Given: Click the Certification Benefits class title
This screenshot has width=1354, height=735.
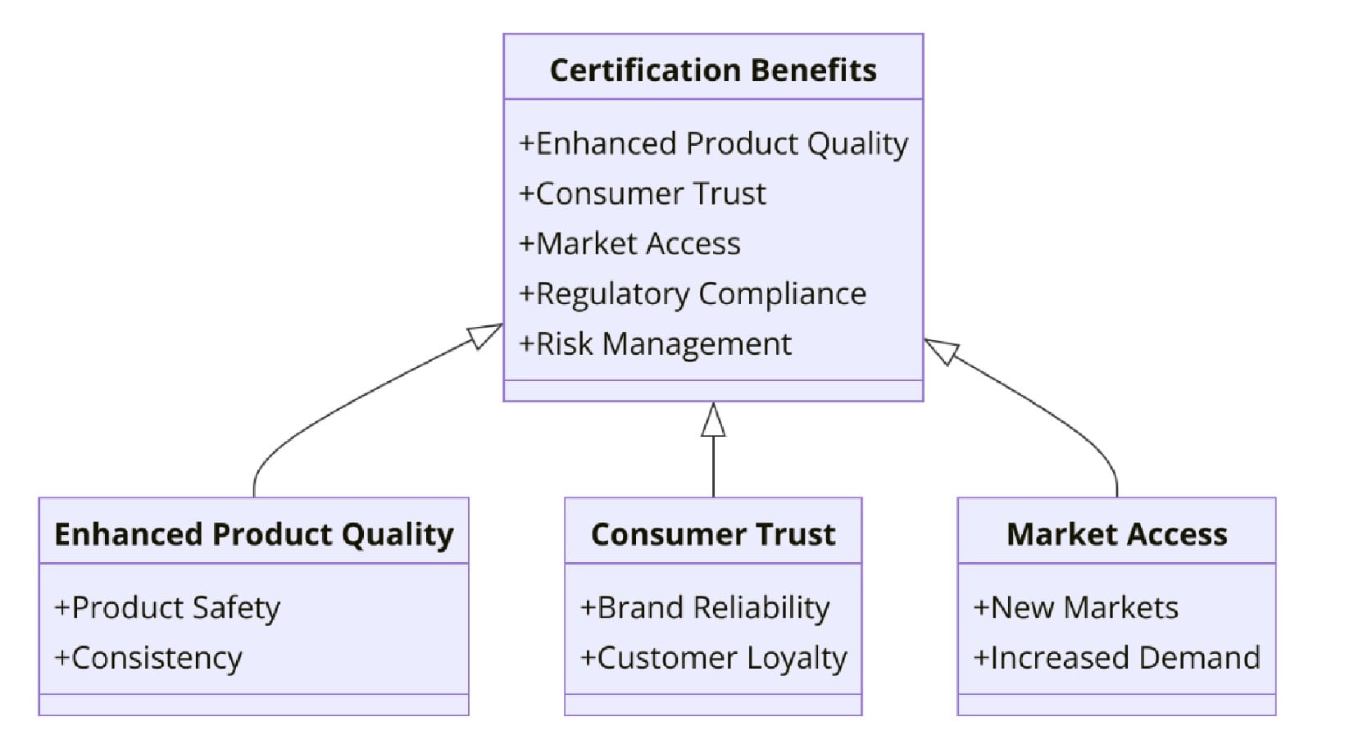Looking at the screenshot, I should click(x=712, y=70).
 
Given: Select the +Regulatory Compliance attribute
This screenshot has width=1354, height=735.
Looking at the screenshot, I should click(x=693, y=293).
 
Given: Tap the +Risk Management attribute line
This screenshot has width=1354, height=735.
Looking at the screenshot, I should click(x=655, y=343).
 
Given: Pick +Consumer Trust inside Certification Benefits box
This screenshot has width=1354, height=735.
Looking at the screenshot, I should click(x=642, y=193).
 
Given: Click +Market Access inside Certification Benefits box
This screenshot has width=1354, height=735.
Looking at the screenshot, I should click(x=629, y=243).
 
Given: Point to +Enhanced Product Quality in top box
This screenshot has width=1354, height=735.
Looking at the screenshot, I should click(x=713, y=143).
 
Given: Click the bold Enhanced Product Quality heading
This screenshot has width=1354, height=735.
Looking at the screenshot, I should click(x=253, y=534).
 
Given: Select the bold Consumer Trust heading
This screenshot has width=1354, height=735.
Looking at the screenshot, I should click(x=712, y=534).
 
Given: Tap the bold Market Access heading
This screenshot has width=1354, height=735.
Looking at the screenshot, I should click(x=1116, y=534).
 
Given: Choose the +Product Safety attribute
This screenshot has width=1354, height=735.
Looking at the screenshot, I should click(x=167, y=608).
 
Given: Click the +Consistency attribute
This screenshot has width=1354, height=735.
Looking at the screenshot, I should click(x=148, y=658).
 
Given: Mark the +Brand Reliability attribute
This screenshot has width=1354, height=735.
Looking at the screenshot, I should click(x=705, y=608).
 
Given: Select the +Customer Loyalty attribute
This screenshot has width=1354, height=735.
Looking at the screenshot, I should click(x=713, y=658).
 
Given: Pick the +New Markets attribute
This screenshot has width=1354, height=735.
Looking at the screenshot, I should click(x=1075, y=608).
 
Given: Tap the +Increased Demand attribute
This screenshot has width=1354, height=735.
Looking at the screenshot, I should click(x=1116, y=658).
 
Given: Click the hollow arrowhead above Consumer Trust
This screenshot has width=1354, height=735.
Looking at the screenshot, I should click(x=713, y=420).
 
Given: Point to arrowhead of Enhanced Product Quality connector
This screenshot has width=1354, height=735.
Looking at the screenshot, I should click(x=485, y=334).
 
